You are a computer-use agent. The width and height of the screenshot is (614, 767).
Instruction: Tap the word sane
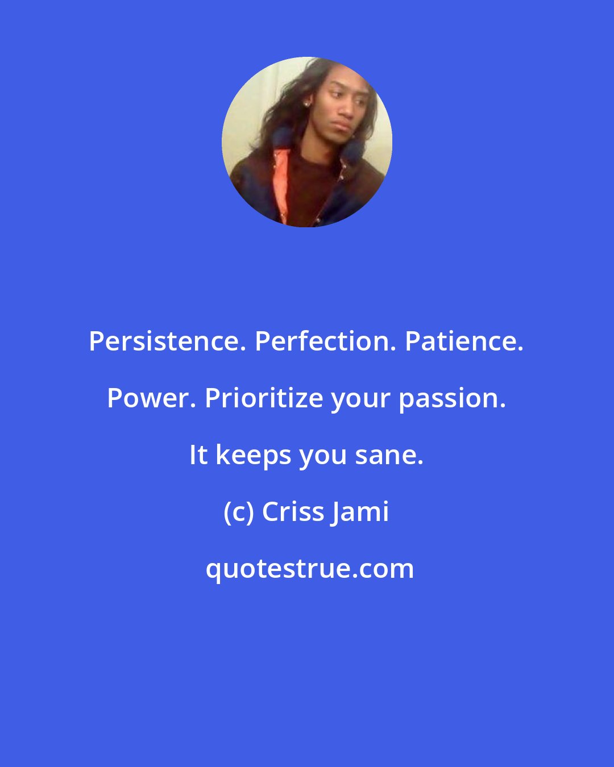tap(389, 456)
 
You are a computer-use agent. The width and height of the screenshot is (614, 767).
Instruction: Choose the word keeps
tap(252, 456)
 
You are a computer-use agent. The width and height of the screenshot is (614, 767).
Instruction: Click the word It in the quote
tap(198, 456)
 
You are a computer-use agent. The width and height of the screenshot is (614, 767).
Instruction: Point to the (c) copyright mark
tap(238, 512)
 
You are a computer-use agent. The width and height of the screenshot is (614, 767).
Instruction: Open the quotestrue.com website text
tap(310, 569)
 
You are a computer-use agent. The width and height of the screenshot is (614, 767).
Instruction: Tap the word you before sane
tap(323, 456)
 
